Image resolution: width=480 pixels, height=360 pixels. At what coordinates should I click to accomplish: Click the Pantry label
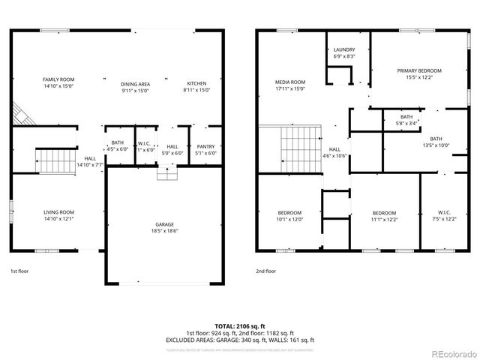tap(205, 149)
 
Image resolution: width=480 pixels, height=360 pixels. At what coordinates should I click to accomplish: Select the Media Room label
tap(290, 85)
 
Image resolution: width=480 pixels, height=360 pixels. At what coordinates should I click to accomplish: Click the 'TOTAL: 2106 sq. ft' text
tap(240, 326)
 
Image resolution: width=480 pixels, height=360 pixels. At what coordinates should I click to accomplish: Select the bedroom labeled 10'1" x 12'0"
tap(289, 216)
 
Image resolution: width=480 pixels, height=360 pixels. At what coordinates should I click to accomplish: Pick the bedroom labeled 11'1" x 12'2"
tap(384, 216)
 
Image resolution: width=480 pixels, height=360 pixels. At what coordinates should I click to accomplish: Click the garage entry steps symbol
tap(166, 173)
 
